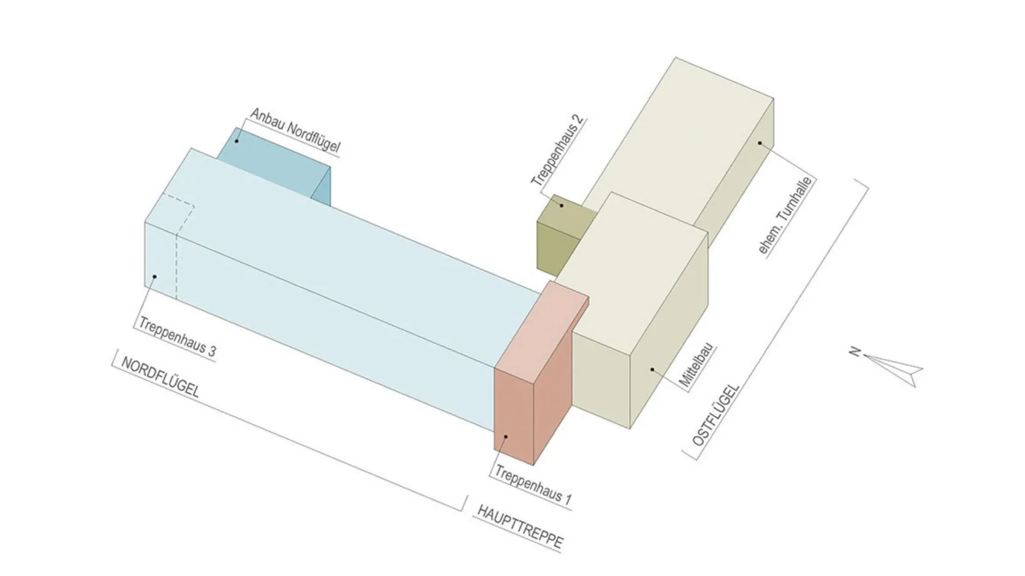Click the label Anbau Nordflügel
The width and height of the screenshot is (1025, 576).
tap(295, 131)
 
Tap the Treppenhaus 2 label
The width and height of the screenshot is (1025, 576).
tap(558, 152)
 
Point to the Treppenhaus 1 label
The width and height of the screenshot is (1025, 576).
tap(532, 485)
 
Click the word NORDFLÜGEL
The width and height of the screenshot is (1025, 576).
tap(160, 378)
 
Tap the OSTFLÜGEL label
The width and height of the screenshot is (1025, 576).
tap(716, 415)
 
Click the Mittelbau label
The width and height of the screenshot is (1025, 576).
tap(696, 367)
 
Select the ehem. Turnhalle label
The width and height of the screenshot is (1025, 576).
tap(785, 216)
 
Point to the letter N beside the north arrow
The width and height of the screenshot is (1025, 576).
tap(854, 351)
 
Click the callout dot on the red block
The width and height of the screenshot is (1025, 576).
tap(506, 436)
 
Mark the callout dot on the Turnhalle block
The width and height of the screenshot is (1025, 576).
tap(760, 143)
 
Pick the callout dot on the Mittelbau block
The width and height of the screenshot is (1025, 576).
tap(652, 369)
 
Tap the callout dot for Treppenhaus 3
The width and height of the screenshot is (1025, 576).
tap(154, 277)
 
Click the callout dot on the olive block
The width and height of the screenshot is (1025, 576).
tap(562, 205)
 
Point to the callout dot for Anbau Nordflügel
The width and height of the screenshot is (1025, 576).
tap(236, 140)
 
